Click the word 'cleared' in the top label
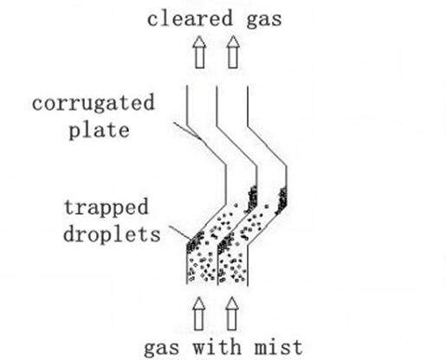(x=190, y=18)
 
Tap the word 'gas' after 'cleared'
(x=264, y=20)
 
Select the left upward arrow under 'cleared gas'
(x=199, y=52)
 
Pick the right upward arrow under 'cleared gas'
(x=233, y=52)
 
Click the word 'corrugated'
(x=94, y=103)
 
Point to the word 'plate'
(x=99, y=131)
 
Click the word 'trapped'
(x=106, y=207)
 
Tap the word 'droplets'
(x=112, y=235)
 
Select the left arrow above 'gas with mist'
(x=199, y=313)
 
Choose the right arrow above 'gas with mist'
(x=232, y=313)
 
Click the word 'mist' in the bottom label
(x=279, y=347)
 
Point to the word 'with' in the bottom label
(x=217, y=347)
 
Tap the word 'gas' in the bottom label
(x=161, y=349)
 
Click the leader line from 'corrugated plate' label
(x=187, y=131)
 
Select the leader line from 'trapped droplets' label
(x=180, y=233)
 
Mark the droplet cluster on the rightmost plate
(x=281, y=201)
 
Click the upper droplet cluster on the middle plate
(x=251, y=199)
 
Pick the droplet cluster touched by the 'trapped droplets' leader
(x=195, y=242)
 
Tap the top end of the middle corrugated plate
(x=217, y=86)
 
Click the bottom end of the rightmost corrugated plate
(x=248, y=286)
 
